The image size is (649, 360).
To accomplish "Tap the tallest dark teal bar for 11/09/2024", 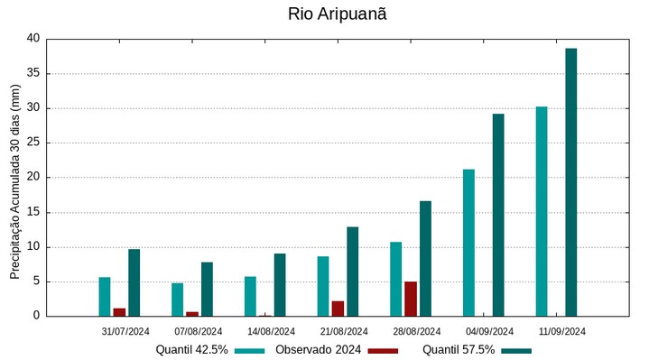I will [x=570, y=181].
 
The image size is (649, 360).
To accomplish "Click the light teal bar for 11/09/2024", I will [x=542, y=211].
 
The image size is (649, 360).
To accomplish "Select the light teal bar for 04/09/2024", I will [x=468, y=243].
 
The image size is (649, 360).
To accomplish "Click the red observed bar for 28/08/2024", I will [x=411, y=299].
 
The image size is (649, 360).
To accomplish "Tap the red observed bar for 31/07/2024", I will [x=119, y=312].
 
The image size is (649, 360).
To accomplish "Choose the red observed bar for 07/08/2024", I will [x=192, y=314].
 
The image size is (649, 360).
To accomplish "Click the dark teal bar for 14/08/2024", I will [x=280, y=284].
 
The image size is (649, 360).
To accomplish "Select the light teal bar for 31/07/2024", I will [x=105, y=296].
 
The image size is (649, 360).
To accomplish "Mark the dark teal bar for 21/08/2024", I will [x=352, y=271].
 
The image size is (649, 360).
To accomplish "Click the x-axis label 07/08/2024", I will [x=198, y=331].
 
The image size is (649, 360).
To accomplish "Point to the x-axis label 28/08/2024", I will [x=416, y=331].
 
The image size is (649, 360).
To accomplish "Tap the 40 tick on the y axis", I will [x=33, y=39].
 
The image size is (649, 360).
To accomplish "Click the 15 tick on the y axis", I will [x=33, y=212].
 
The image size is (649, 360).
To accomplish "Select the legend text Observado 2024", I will [x=318, y=350].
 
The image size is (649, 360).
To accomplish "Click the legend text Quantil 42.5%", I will [x=191, y=350].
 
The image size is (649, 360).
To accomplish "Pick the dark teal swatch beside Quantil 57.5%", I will [x=516, y=350].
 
